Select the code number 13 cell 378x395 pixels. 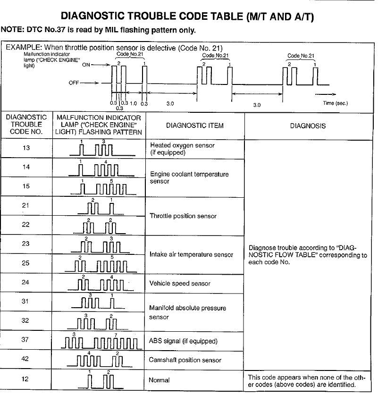[26, 148]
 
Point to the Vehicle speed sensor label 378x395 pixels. [180, 284]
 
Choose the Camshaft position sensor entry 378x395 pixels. [185, 360]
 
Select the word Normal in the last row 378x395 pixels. [159, 380]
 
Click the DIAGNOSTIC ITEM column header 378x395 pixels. [195, 126]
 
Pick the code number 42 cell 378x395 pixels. [26, 359]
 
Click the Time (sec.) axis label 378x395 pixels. [336, 103]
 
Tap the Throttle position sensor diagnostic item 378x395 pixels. [183, 216]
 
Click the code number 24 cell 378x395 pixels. [26, 282]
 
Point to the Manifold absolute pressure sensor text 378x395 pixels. [187, 312]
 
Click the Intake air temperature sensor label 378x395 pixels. [191, 254]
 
